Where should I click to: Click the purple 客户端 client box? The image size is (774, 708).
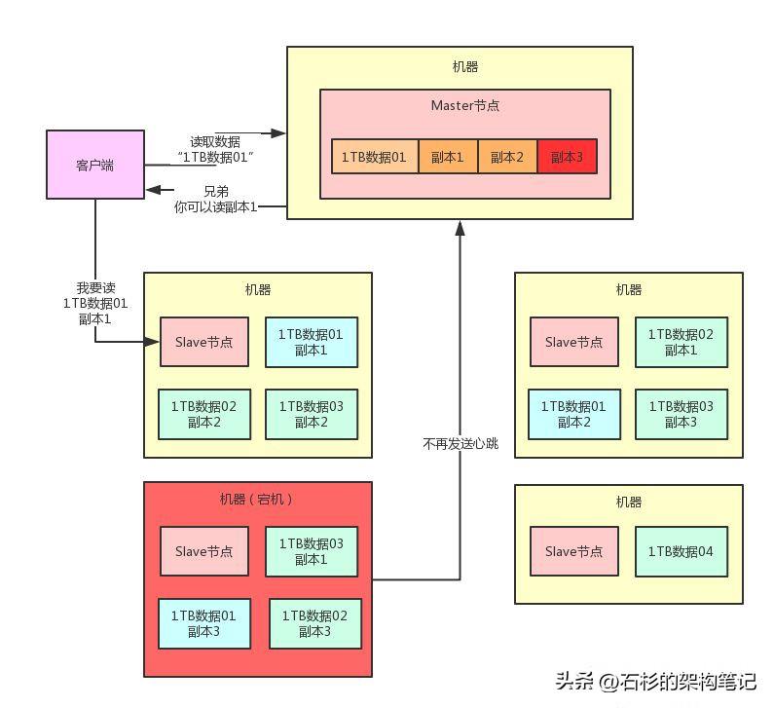(x=95, y=165)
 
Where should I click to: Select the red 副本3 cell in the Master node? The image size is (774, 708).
(x=568, y=157)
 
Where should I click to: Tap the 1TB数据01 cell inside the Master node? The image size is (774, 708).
(x=375, y=157)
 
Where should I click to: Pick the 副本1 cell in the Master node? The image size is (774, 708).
(x=448, y=157)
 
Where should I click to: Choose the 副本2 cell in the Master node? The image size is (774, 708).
(x=507, y=157)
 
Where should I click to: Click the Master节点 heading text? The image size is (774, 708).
(x=465, y=105)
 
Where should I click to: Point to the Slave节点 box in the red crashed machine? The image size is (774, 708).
(x=204, y=551)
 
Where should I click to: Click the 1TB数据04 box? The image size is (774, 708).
(x=682, y=551)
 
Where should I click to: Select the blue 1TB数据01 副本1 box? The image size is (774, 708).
(x=312, y=342)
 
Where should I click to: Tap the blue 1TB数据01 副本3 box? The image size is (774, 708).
(x=204, y=623)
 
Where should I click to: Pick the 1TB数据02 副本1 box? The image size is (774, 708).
(x=682, y=342)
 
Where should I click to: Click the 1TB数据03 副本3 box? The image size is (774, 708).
(x=682, y=414)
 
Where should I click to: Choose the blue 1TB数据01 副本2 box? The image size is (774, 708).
(x=574, y=414)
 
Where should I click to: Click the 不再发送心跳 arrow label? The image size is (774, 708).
(x=461, y=444)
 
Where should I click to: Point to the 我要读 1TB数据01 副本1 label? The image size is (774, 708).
(x=95, y=303)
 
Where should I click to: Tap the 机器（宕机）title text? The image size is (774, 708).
(x=256, y=500)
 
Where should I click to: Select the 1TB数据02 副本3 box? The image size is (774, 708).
(x=315, y=623)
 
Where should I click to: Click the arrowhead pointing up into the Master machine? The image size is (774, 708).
(x=461, y=228)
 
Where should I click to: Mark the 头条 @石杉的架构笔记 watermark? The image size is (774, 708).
(x=655, y=682)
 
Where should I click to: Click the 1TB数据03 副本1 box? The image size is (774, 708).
(x=312, y=551)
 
